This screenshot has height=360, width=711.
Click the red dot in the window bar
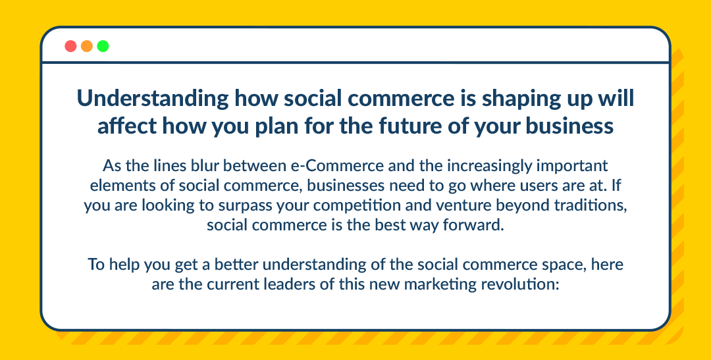point(70,46)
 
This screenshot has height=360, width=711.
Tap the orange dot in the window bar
point(87,46)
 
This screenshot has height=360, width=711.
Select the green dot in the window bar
point(103,46)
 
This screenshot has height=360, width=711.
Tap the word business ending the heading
point(569,126)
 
